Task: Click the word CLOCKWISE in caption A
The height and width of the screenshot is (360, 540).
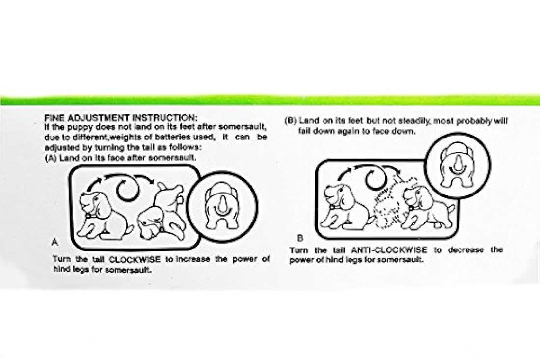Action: pyautogui.click(x=135, y=259)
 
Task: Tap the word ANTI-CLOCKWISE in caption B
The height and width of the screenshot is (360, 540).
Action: pyautogui.click(x=389, y=250)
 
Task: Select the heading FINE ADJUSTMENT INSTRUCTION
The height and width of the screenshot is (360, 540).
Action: pyautogui.click(x=121, y=118)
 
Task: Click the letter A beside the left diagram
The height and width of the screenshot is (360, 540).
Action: pyautogui.click(x=55, y=242)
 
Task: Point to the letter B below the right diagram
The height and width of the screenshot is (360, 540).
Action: pyautogui.click(x=300, y=238)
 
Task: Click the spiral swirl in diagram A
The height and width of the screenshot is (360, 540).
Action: pyautogui.click(x=128, y=189)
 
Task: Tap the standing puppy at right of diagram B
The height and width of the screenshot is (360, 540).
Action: pyautogui.click(x=429, y=207)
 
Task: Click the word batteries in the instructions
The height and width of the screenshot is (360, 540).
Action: pyautogui.click(x=168, y=137)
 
